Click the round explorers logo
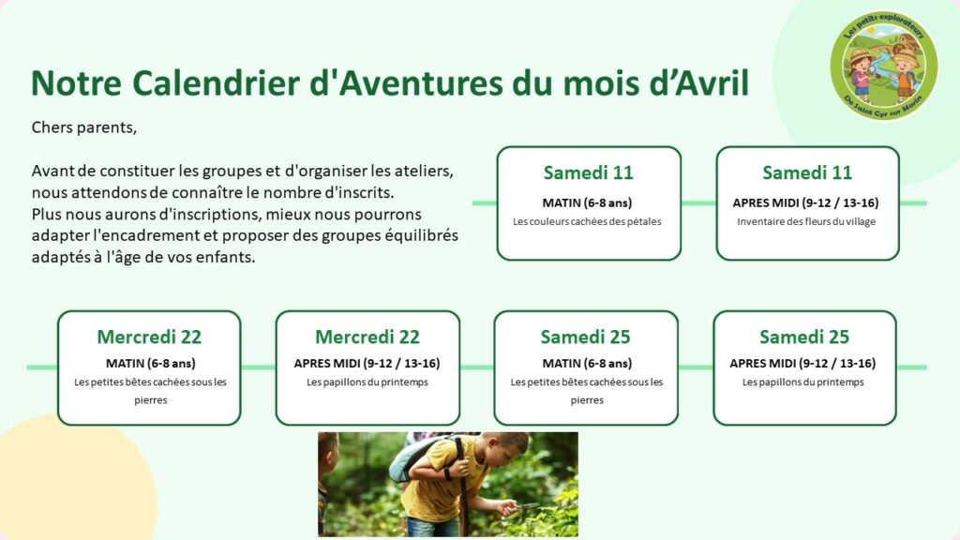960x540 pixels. point(883,65)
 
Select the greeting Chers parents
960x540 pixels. point(83,127)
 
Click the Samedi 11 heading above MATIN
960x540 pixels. point(589,172)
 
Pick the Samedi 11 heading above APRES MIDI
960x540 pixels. point(807,172)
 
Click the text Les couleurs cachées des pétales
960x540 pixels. point(587,221)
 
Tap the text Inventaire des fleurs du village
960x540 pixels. point(806,221)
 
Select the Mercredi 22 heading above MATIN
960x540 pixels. point(149,337)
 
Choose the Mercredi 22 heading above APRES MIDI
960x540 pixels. point(367,337)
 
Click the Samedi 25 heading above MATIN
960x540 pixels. point(585,337)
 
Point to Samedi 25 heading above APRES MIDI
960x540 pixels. point(804,337)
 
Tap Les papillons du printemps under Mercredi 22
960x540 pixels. point(367,382)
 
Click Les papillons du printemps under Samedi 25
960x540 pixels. point(803,382)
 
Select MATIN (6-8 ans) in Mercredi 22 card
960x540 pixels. point(151,364)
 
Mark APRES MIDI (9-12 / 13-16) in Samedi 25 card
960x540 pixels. point(802,364)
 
